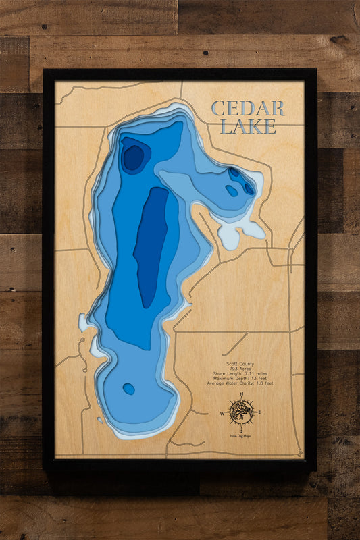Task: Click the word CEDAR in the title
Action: coord(247,109)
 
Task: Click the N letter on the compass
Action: coord(240,394)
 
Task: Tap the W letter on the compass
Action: coord(223,411)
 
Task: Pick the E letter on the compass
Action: coord(259,411)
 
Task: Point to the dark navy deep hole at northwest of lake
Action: coord(133,157)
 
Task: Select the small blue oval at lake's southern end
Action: coord(128,389)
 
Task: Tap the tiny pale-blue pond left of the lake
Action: coord(82,323)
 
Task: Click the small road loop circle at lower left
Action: coord(84,370)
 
